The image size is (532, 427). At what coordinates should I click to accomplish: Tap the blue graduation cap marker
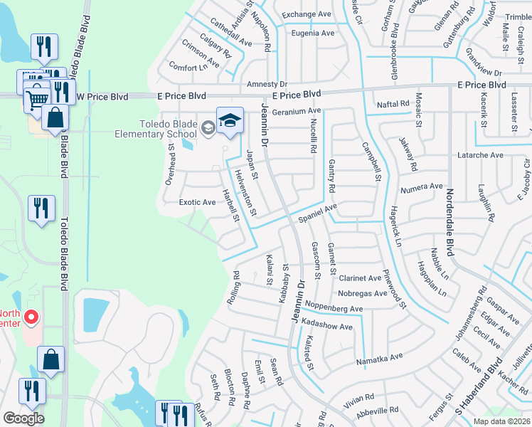point(230,122)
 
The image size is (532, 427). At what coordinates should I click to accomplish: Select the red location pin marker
point(31,317)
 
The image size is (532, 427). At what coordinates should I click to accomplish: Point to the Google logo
point(23,418)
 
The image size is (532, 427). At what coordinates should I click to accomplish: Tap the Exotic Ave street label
point(197,203)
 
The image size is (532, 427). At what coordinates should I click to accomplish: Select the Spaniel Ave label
point(317,213)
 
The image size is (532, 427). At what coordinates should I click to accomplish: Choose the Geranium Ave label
point(297,111)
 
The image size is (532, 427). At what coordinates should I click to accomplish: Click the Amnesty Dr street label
point(266,84)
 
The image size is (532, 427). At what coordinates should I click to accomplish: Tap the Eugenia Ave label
point(308,33)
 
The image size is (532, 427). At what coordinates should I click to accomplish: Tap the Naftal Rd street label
point(393,104)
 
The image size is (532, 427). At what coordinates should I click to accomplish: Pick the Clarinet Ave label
point(360,278)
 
